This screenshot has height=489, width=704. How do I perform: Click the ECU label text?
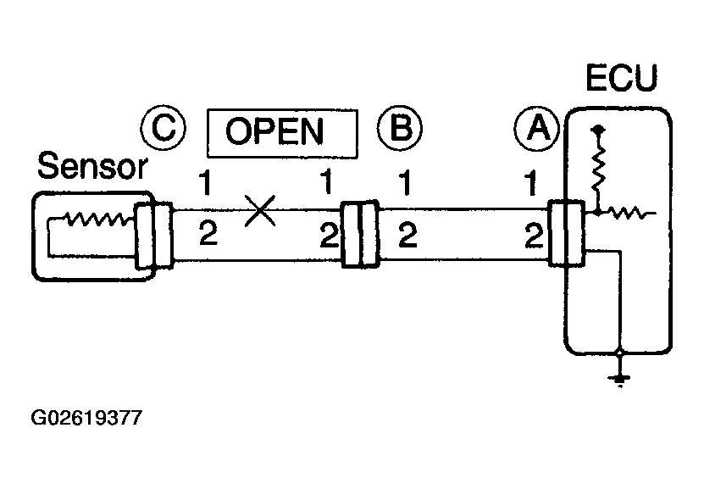click(x=622, y=78)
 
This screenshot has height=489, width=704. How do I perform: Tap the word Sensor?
click(x=92, y=166)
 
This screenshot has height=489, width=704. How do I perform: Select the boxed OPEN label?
click(x=282, y=133)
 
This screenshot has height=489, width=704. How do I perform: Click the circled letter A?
click(x=537, y=129)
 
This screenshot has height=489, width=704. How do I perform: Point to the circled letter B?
click(x=400, y=128)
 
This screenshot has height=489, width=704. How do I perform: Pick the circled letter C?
click(x=163, y=127)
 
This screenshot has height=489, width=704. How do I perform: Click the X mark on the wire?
click(x=260, y=210)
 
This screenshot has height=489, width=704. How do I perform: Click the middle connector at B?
click(x=360, y=235)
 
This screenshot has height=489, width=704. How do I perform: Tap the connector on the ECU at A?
click(x=567, y=234)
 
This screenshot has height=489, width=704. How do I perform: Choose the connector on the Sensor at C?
click(x=154, y=236)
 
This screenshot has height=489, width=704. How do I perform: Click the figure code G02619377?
click(x=86, y=418)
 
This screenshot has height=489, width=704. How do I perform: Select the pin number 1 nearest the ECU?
click(x=530, y=183)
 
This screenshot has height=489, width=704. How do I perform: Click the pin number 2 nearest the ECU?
click(x=535, y=236)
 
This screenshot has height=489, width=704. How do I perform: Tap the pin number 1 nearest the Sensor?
click(x=205, y=182)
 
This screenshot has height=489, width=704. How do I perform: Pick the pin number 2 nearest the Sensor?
click(x=208, y=234)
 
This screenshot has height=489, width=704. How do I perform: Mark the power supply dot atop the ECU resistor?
click(x=597, y=131)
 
